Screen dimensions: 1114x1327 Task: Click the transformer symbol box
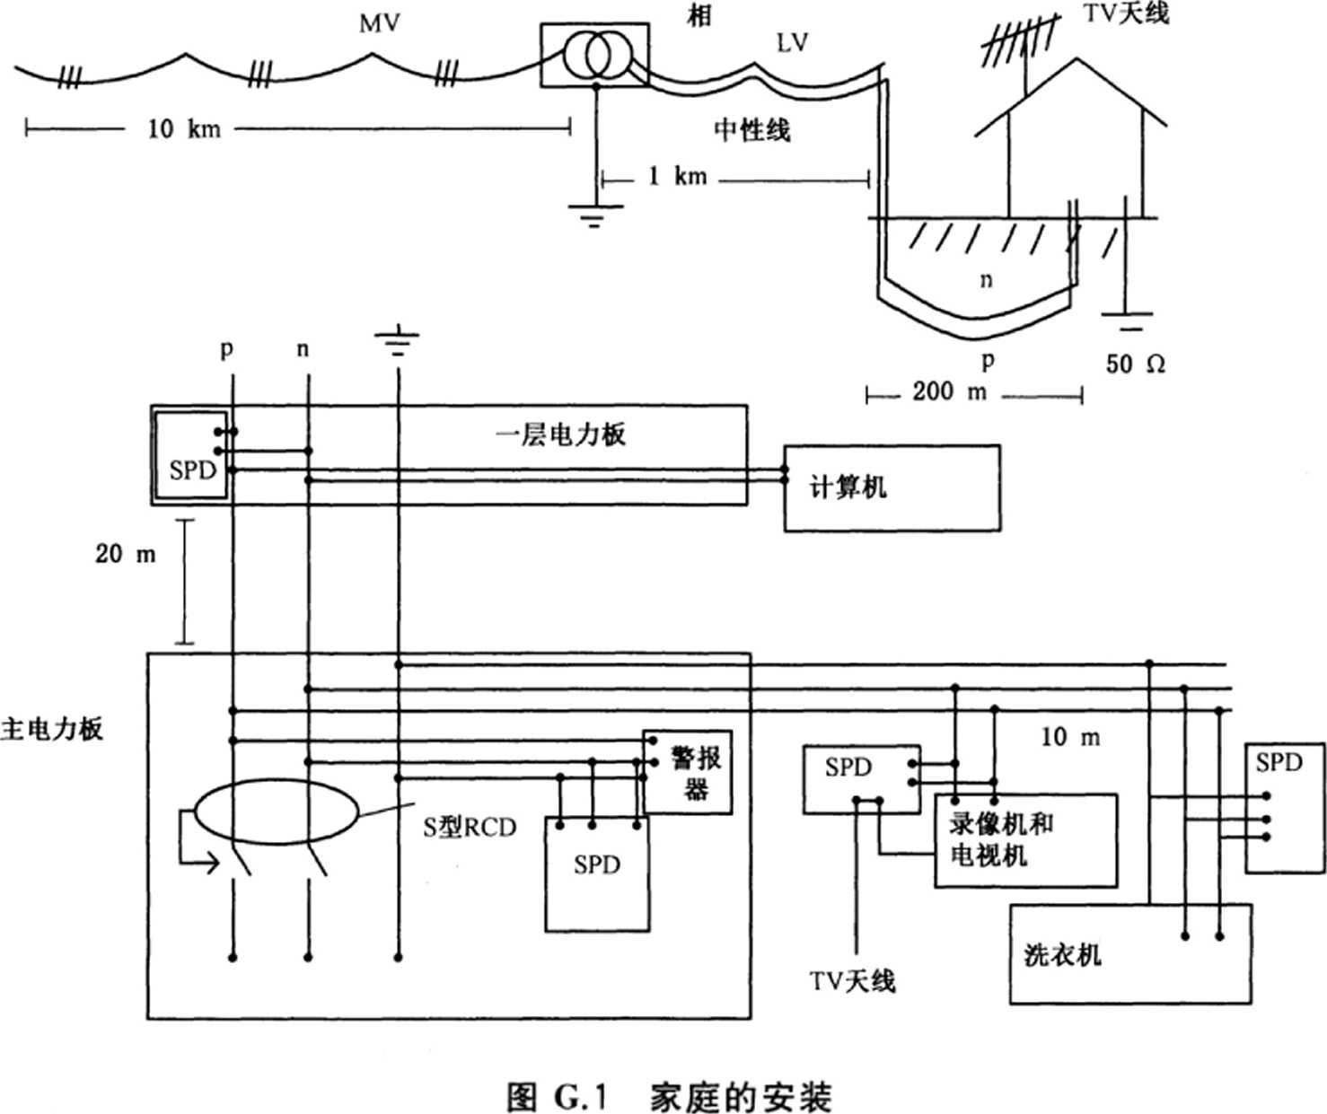[594, 55]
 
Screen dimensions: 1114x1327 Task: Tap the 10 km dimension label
[183, 128]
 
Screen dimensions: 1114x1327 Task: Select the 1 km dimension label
[677, 176]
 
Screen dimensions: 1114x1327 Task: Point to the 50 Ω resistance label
[1135, 364]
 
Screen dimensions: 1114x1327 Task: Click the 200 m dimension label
[949, 392]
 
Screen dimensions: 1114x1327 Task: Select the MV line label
[379, 23]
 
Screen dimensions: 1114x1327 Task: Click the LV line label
[792, 42]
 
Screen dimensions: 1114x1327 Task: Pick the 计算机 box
[892, 487]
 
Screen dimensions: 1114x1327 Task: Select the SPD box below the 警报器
[597, 875]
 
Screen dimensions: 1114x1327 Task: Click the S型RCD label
[470, 827]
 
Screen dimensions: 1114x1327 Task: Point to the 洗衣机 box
[1129, 953]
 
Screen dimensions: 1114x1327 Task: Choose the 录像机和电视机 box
[1025, 840]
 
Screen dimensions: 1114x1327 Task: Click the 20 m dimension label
[126, 554]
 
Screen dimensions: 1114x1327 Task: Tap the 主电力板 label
[51, 728]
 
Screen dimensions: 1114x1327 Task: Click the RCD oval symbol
[277, 813]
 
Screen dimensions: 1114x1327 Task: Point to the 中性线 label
[751, 130]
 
